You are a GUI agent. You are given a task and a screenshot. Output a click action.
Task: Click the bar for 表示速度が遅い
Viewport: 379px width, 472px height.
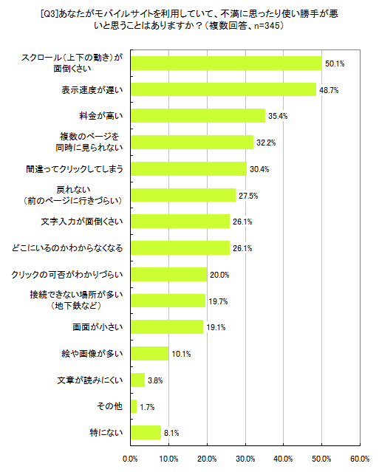click(x=223, y=89)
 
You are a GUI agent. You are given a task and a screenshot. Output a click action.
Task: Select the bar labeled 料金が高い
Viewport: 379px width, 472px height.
click(x=198, y=115)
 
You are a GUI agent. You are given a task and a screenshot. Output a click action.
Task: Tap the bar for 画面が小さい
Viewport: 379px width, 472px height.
click(x=168, y=326)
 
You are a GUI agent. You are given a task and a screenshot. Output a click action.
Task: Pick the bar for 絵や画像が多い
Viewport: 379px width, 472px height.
click(x=151, y=353)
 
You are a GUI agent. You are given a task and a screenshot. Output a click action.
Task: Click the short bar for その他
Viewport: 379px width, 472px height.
click(x=134, y=406)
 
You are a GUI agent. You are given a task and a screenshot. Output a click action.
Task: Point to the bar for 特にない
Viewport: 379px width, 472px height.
click(x=146, y=432)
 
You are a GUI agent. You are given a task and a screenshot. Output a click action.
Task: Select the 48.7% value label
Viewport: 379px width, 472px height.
click(x=329, y=90)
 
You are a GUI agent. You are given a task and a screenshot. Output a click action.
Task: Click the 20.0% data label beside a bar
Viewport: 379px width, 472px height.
click(x=219, y=275)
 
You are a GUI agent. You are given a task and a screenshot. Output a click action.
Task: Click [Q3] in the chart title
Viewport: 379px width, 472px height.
click(x=105, y=13)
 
